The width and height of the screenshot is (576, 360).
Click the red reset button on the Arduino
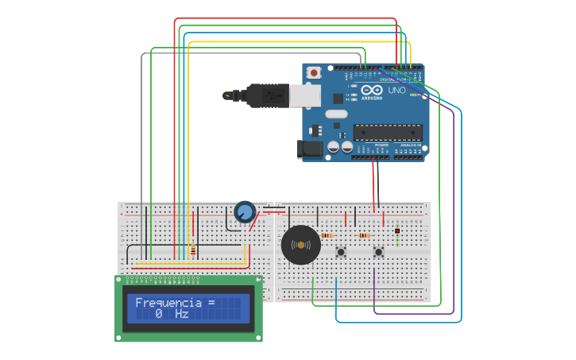[x=314, y=73]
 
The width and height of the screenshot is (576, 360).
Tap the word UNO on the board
[x=396, y=91]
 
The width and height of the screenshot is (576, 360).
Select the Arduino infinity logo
[x=372, y=90]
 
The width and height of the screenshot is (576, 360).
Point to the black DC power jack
[x=311, y=148]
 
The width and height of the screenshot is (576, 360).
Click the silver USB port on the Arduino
[x=304, y=96]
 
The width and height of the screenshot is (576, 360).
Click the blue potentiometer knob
[x=245, y=212]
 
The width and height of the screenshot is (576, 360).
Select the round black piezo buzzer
[x=301, y=245]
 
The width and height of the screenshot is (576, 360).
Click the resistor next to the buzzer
[x=327, y=235]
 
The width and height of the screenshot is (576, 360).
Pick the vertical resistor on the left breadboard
[x=192, y=249]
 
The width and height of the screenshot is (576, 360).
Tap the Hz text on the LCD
[x=181, y=315]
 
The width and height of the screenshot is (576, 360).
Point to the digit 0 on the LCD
[x=159, y=315]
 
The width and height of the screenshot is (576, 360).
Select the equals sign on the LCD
[x=211, y=303]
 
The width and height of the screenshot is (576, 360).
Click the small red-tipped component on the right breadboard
[x=397, y=231]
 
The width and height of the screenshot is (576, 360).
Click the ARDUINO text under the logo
[x=372, y=99]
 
